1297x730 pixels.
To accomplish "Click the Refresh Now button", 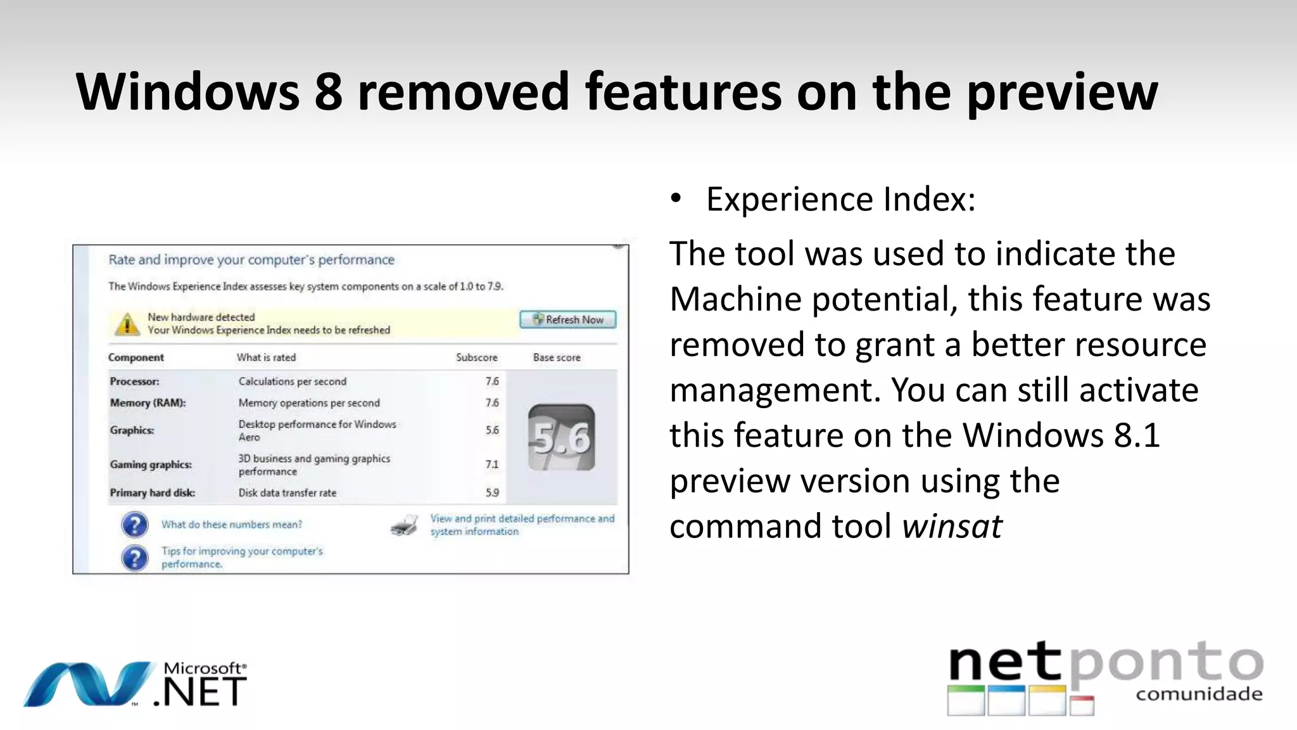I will tap(568, 319).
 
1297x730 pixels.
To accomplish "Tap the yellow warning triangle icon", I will tap(127, 323).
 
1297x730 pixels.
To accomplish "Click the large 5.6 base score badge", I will tap(561, 437).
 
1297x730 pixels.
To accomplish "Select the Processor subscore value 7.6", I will tap(492, 381).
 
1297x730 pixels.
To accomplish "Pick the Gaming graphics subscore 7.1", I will tap(492, 464).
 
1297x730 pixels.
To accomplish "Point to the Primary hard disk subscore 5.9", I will tap(492, 492).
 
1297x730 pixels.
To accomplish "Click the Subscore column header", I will tap(476, 357).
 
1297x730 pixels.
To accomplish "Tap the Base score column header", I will tap(556, 357).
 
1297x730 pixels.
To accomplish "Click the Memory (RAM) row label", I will tap(148, 402).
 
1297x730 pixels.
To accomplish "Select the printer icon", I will tap(404, 525).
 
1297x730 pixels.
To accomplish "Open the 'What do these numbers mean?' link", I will tap(231, 524).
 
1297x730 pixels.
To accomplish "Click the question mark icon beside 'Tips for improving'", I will tap(134, 558).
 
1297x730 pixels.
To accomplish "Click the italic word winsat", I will tap(952, 526).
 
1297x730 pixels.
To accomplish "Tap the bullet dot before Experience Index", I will tap(676, 198).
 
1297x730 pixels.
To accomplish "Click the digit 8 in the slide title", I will tap(328, 92).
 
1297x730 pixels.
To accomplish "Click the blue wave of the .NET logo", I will tap(89, 684).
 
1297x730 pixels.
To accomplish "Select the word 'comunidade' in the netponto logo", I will tap(1199, 694).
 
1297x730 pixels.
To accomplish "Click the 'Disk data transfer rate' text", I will tap(287, 492).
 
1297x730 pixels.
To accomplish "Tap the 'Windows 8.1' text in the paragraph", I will tap(1061, 435).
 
